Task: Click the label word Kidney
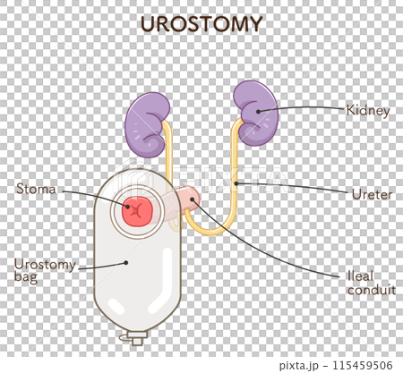(368, 112)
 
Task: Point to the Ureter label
(368, 193)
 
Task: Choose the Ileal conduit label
(368, 282)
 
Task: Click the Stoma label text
(36, 189)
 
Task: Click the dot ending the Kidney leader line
(259, 111)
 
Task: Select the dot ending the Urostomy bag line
(126, 263)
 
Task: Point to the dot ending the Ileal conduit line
(193, 204)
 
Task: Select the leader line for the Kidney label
(304, 108)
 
